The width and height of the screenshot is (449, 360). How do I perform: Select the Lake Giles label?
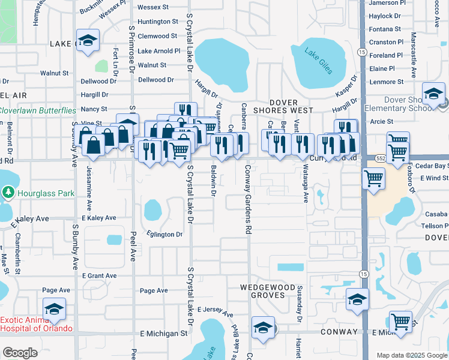[x=318, y=62]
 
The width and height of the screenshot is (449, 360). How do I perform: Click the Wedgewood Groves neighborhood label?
[x=270, y=290]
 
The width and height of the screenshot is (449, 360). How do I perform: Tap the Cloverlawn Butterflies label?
[x=38, y=110]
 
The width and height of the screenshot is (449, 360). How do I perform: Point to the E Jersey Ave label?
[x=215, y=310]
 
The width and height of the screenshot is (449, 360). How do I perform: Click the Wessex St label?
[x=153, y=7]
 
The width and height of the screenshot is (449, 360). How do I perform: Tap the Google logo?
[x=20, y=353]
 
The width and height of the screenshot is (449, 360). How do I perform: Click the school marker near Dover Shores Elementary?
[x=433, y=94]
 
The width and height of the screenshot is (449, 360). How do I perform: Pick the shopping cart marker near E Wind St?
[x=374, y=179]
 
